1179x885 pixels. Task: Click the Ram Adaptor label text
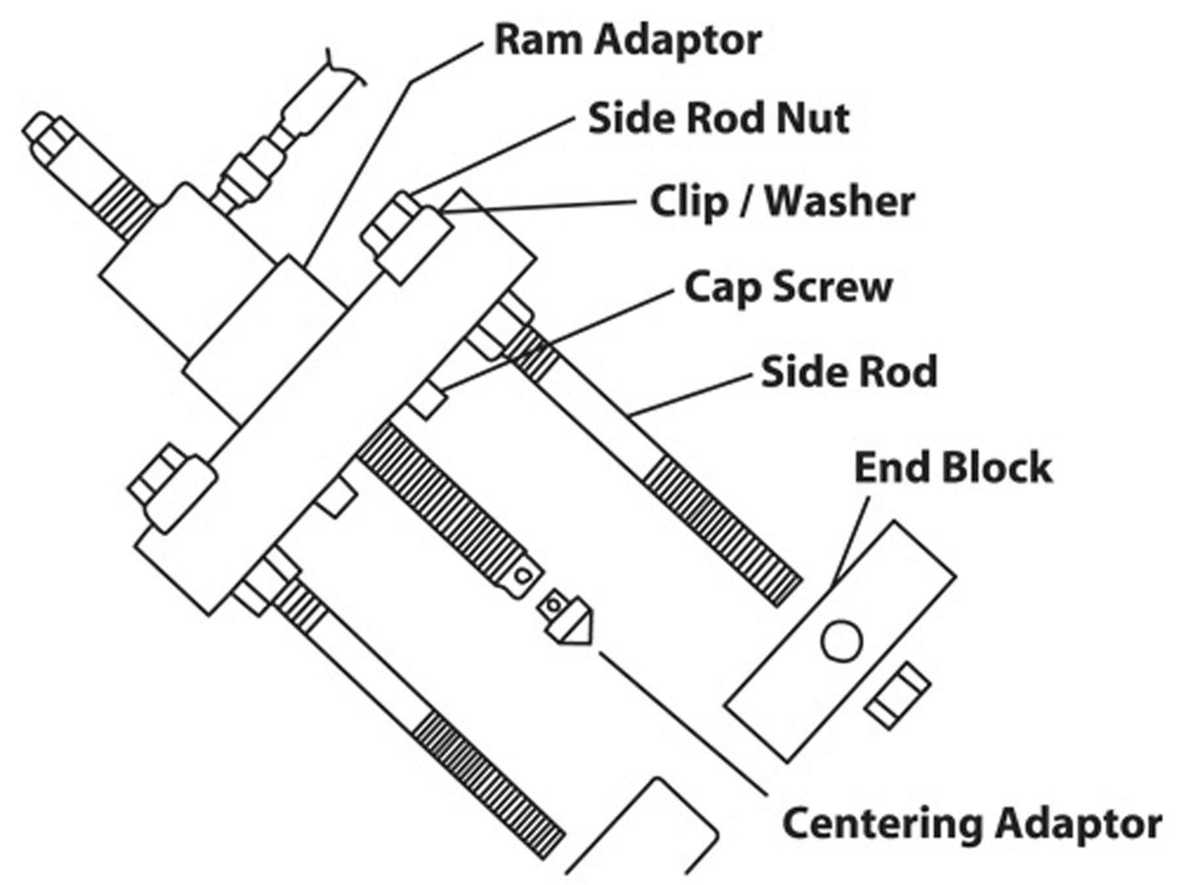(x=627, y=41)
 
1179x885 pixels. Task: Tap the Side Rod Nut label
(x=718, y=119)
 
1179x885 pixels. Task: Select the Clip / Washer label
(x=781, y=202)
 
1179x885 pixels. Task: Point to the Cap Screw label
(x=788, y=288)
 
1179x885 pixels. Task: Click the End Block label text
(x=952, y=468)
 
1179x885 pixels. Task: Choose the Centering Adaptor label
(x=971, y=824)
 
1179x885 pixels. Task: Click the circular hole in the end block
(x=841, y=641)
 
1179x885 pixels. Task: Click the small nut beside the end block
(x=897, y=696)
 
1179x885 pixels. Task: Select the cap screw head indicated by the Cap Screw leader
(x=427, y=400)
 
